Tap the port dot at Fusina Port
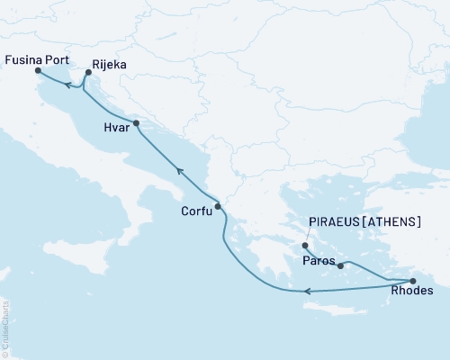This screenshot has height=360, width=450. (37, 76)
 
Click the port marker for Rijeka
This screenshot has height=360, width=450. (88, 76)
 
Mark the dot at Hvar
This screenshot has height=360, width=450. (136, 123)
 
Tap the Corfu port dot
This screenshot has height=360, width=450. (217, 206)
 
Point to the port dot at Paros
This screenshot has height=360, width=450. (340, 265)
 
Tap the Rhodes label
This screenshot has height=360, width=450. (413, 291)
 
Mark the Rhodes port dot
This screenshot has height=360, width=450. (413, 281)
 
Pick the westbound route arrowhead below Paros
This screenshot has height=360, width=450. (308, 291)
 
